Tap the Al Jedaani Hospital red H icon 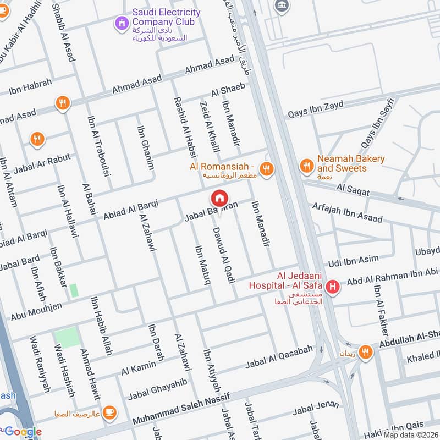tap(332, 287)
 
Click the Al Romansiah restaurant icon tap(267, 169)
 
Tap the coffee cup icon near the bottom tap(109, 412)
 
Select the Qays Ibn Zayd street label tap(316, 109)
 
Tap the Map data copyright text tap(410, 435)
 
